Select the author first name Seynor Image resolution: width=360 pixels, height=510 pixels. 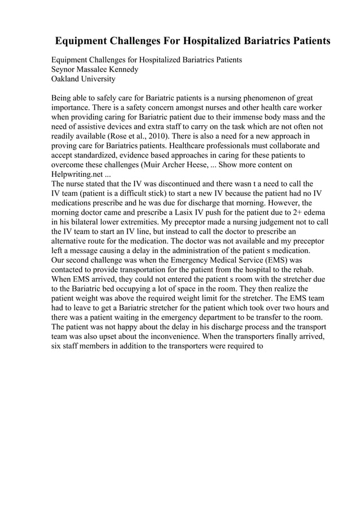click(x=65, y=69)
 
